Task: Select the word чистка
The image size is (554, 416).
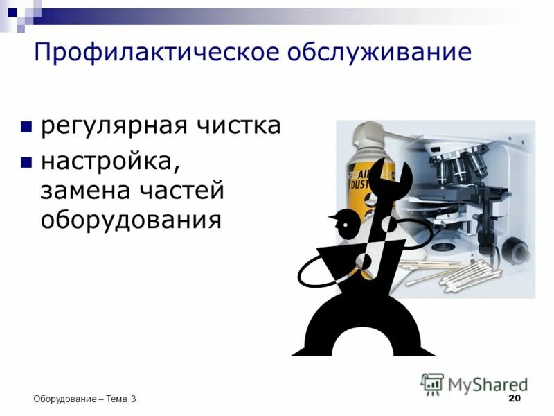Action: [x=238, y=126]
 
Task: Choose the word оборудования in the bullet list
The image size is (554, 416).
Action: [x=131, y=220]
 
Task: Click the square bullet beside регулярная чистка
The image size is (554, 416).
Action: [x=26, y=127]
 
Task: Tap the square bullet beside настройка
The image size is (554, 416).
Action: [x=26, y=162]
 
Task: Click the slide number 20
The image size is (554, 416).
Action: [x=514, y=398]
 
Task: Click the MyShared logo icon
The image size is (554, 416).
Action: [x=432, y=384]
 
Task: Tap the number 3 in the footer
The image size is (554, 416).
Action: [x=133, y=399]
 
